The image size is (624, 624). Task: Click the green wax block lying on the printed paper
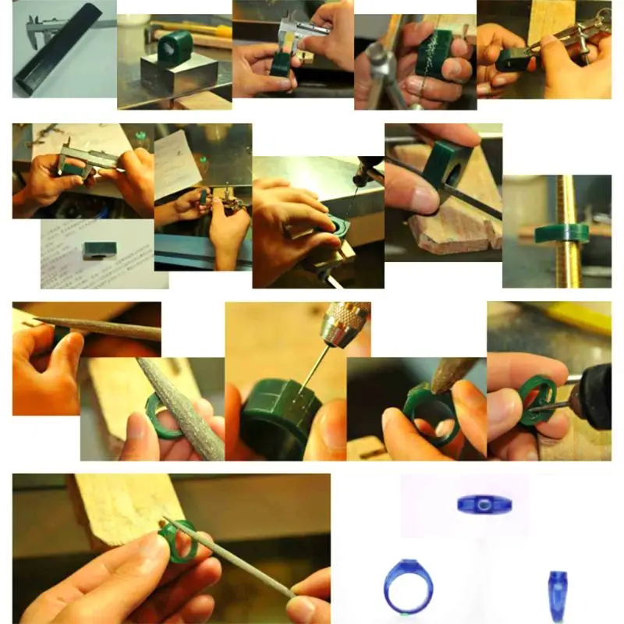(100, 250)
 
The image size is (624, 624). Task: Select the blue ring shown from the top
(480, 503)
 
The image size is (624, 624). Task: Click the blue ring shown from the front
(407, 585)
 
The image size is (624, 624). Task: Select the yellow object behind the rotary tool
(581, 316)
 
